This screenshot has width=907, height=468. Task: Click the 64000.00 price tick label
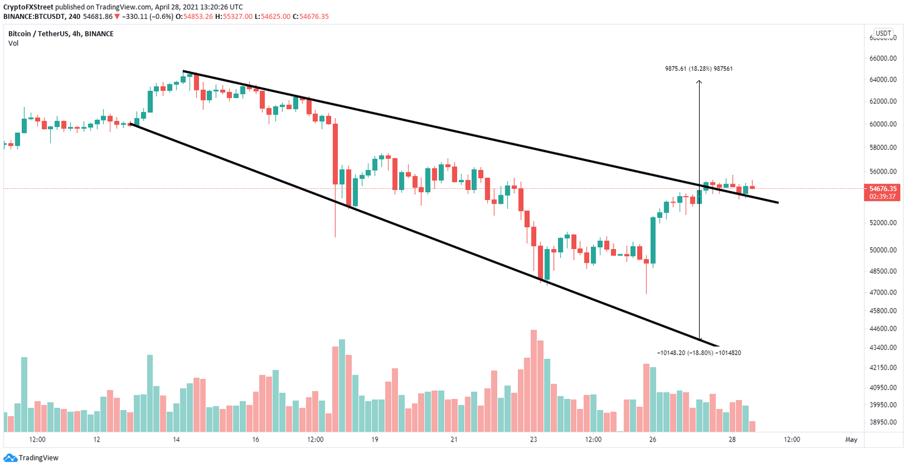883,80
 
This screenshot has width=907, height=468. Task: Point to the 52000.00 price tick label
883,223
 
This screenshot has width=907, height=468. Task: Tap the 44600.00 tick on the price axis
883,328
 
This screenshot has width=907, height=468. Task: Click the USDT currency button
883,34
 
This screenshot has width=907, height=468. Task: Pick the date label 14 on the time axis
175,440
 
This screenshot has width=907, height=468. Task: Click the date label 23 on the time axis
533,440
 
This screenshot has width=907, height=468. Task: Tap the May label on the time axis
851,440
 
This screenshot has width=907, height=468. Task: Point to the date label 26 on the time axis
652,440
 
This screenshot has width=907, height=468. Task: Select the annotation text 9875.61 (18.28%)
689,69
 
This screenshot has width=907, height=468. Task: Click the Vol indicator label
13,43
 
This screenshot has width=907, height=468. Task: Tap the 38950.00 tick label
883,423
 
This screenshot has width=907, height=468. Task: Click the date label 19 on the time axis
374,440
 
